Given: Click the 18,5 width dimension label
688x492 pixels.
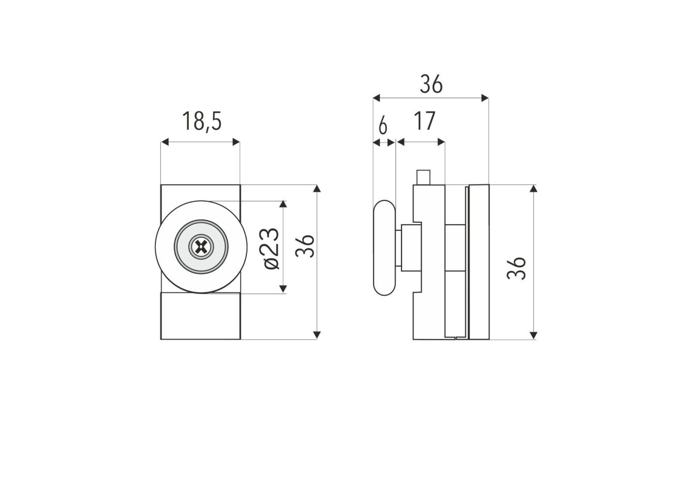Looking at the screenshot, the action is point(202,121).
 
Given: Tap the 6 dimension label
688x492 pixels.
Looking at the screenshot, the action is point(383,126).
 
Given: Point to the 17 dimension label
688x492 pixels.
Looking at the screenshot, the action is point(425,121).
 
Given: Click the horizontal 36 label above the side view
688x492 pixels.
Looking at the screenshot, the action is point(431,84).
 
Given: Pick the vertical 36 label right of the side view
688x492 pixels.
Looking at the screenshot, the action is point(516,268).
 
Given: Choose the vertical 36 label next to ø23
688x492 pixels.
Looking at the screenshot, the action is point(305,246).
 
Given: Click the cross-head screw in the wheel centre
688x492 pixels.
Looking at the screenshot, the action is point(201,246).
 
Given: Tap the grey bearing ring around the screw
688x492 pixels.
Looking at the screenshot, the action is point(201,246).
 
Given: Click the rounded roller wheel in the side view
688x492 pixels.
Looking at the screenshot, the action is point(384,248).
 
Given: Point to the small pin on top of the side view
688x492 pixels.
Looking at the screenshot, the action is point(424,178).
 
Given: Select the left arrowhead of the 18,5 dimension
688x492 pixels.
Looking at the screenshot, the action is point(165,142).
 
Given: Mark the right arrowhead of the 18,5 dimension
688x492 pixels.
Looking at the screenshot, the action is point(236,142).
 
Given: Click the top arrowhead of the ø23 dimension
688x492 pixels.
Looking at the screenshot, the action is point(283,205).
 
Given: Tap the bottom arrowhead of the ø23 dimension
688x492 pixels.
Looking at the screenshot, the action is point(283,289).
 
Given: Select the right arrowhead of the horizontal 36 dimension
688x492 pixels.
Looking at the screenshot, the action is point(485,98).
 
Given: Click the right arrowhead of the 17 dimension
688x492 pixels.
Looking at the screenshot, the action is point(441,142).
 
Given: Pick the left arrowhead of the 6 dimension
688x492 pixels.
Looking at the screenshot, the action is point(377,143).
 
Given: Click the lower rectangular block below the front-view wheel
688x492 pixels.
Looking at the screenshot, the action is point(201,316).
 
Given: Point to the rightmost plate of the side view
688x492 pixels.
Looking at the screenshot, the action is point(479,262).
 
